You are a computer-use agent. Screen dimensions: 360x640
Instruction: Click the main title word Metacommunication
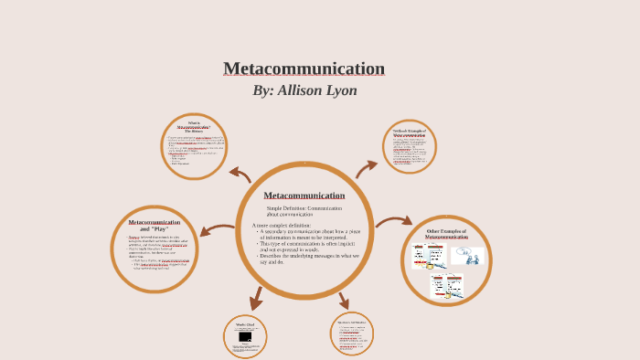[304, 69]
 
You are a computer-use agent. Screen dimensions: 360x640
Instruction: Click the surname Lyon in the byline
[338, 90]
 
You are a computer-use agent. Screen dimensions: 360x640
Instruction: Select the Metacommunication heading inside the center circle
[304, 196]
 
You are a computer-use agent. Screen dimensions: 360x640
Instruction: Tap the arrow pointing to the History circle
[240, 174]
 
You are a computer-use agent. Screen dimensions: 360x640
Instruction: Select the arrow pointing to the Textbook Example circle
[366, 168]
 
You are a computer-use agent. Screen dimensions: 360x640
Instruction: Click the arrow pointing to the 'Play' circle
[218, 231]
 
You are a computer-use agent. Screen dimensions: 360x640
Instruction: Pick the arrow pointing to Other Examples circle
[393, 221]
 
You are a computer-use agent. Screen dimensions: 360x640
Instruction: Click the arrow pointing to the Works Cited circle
[256, 298]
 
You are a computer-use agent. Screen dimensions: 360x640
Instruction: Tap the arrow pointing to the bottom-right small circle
[343, 301]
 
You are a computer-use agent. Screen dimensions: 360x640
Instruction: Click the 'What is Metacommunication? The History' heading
[194, 127]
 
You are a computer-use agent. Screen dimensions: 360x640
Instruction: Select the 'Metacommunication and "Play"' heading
[154, 225]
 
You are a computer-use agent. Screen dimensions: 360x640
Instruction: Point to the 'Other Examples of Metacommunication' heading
[446, 234]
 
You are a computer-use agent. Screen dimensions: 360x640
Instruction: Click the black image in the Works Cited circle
[245, 337]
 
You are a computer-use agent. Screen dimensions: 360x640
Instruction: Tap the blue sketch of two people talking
[467, 255]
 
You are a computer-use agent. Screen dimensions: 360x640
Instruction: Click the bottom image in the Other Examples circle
[447, 286]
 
